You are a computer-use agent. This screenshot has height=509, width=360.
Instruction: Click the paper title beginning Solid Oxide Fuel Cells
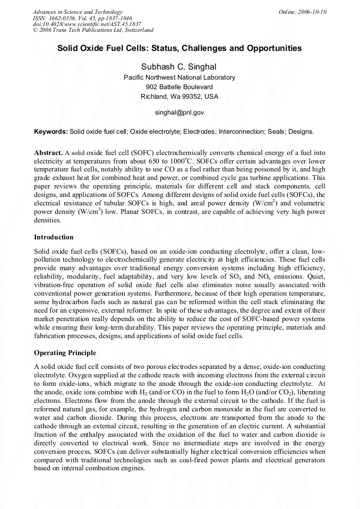click(x=179, y=48)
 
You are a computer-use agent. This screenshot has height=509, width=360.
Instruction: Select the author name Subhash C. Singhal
click(x=179, y=66)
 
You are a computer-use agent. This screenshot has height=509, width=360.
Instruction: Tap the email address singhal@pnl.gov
click(x=179, y=113)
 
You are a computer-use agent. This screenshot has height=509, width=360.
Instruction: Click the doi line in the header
click(x=87, y=24)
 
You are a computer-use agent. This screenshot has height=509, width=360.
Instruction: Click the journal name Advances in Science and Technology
click(x=78, y=12)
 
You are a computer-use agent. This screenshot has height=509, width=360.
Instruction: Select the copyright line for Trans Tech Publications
click(x=93, y=30)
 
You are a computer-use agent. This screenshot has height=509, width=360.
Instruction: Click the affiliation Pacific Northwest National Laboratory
click(x=179, y=77)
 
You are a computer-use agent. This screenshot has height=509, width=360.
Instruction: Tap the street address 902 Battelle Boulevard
click(x=179, y=87)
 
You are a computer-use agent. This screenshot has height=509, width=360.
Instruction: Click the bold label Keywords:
click(x=51, y=131)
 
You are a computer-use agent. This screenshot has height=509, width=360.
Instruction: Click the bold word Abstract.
click(x=49, y=152)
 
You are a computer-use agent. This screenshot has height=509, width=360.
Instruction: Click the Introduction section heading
click(x=54, y=237)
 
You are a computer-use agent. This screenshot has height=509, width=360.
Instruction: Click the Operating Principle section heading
click(x=65, y=353)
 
